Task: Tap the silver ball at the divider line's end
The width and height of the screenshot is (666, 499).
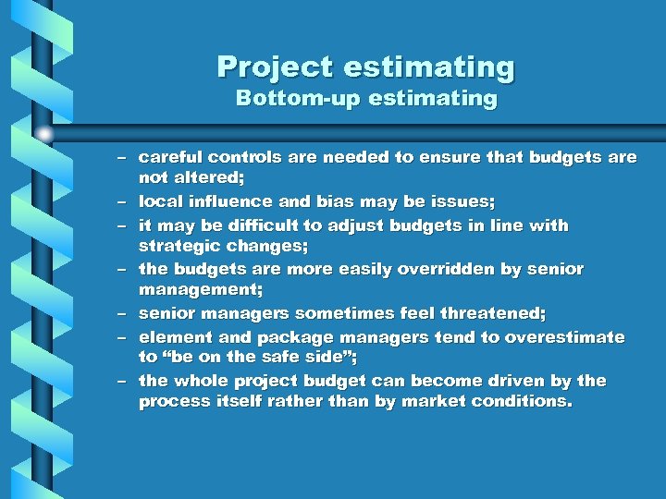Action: (x=44, y=134)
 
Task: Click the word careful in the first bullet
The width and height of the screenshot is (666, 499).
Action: (x=170, y=158)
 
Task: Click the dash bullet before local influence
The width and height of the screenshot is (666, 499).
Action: (x=121, y=201)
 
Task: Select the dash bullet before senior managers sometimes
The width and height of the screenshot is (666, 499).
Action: (x=121, y=314)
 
